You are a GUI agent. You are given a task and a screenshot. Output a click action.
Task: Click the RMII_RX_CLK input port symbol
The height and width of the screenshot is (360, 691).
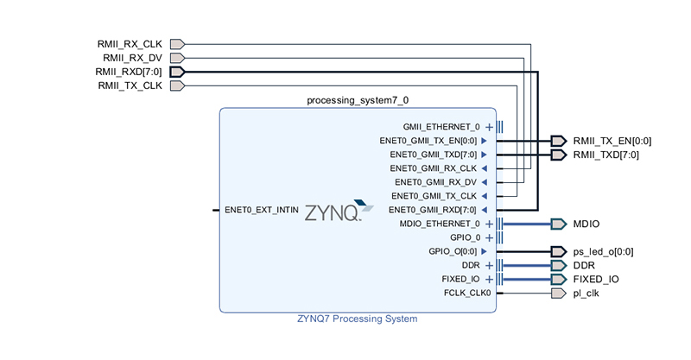pos(177,43)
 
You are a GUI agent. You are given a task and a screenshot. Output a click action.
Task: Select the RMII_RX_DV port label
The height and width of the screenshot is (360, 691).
pos(132,58)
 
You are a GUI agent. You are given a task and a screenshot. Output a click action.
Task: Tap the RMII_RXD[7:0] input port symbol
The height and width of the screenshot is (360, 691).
pos(177,72)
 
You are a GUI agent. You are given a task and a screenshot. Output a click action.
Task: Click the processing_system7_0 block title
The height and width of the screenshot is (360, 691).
pos(358,100)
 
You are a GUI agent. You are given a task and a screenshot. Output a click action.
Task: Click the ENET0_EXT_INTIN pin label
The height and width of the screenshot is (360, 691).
pos(262,210)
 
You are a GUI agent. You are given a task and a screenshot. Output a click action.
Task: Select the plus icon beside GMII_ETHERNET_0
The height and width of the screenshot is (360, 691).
pos(489,127)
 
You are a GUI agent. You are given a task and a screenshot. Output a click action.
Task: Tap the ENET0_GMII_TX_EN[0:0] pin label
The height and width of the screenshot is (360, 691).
pos(428,141)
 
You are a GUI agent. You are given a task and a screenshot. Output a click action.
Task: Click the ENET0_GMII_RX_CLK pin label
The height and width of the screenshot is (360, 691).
pos(433,168)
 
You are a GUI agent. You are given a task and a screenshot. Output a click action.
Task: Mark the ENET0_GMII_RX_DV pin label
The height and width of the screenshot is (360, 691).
pos(435,182)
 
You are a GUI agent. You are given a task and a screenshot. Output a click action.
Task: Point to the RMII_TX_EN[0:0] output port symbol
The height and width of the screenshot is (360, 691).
pos(557,141)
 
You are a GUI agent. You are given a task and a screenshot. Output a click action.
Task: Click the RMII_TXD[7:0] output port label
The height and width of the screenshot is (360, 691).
pos(605,155)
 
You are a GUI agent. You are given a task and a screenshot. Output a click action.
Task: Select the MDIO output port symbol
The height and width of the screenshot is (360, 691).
pos(557,224)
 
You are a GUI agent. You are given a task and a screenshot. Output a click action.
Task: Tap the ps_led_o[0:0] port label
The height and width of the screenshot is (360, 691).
pos(603,251)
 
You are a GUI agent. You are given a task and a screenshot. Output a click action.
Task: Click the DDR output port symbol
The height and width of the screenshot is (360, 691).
pos(557,265)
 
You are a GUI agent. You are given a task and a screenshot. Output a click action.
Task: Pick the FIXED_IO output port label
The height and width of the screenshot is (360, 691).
pos(595,279)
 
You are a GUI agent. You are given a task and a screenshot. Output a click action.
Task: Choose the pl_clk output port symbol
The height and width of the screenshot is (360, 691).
pos(557,293)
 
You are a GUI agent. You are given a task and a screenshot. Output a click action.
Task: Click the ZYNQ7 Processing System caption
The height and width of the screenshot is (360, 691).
pos(358,319)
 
